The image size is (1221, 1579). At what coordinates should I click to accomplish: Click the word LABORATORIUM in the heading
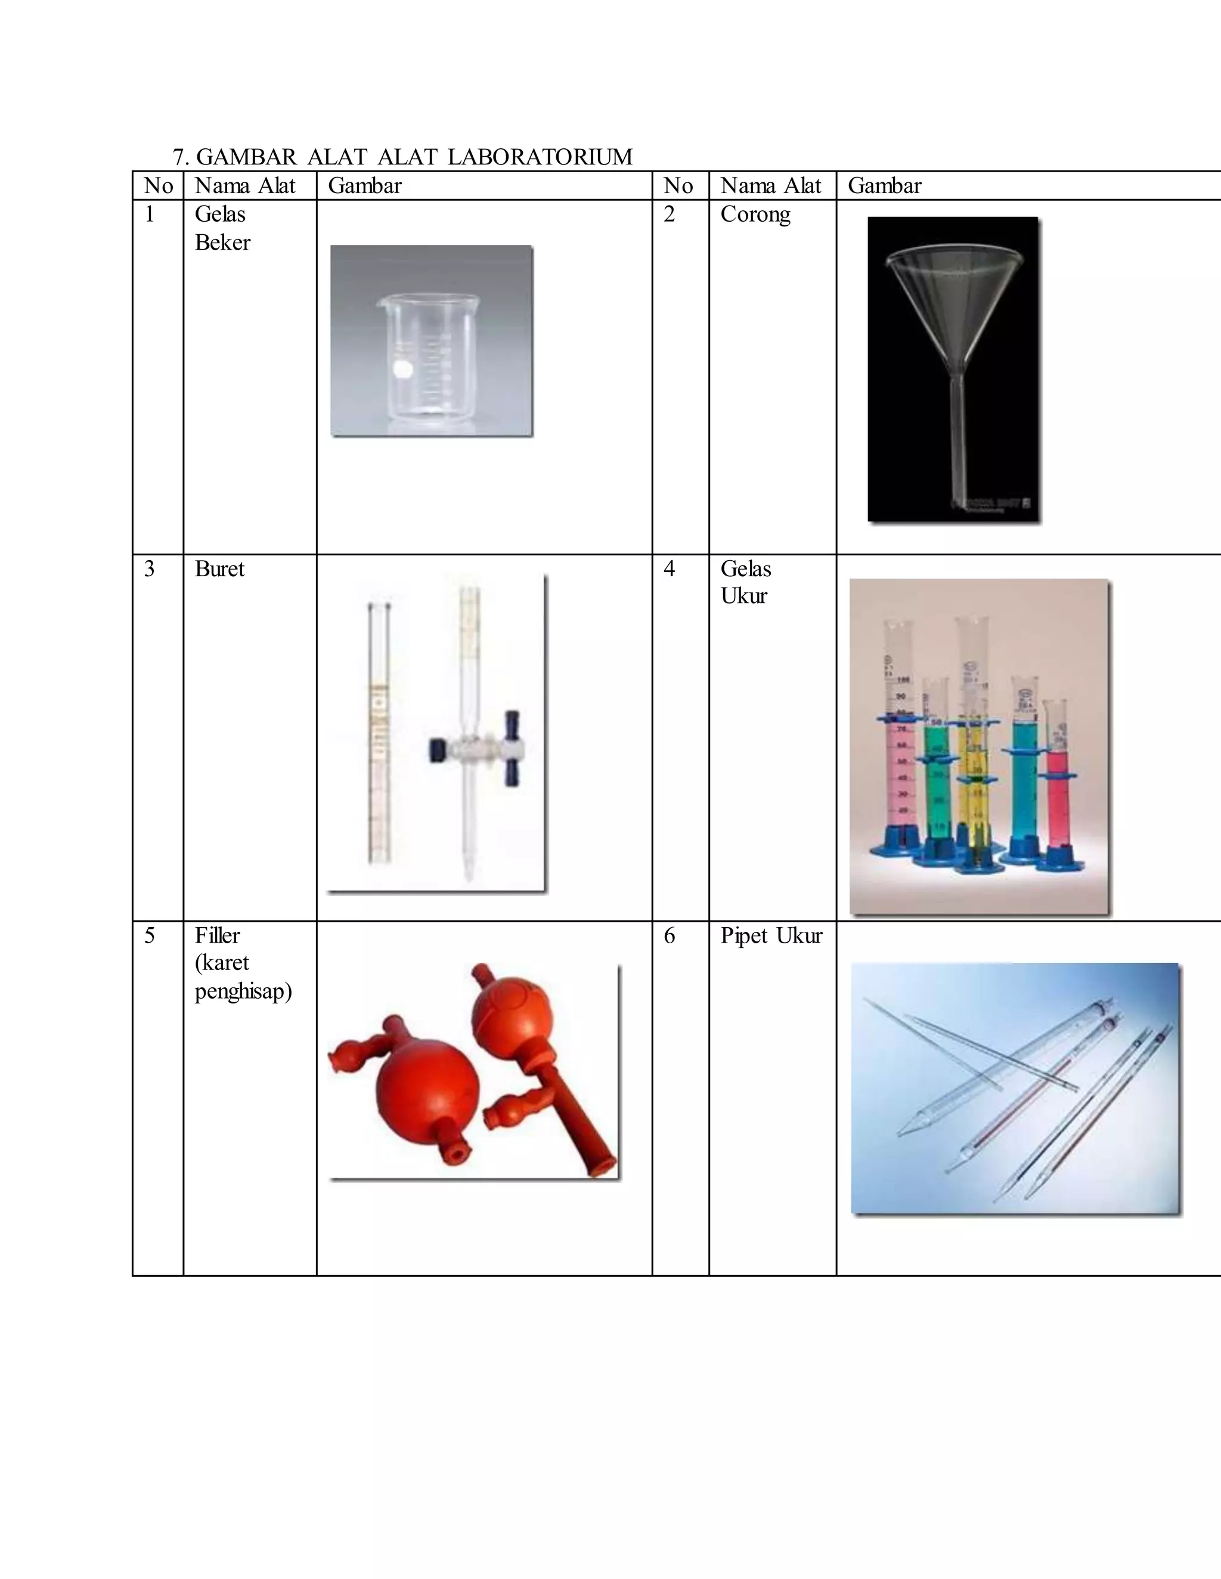(540, 157)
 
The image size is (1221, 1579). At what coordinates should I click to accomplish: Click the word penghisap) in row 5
(243, 990)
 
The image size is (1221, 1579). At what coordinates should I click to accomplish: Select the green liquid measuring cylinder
(936, 781)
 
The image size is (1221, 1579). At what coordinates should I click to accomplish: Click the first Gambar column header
(364, 186)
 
